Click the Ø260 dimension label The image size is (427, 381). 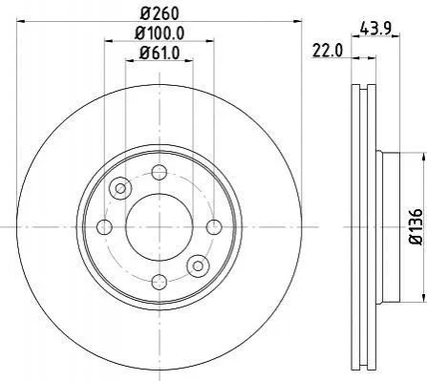[160, 13]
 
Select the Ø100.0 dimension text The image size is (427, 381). [160, 32]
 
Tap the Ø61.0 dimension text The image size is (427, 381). [160, 53]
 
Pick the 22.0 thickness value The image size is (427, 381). [328, 51]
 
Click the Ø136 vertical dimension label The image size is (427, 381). [416, 226]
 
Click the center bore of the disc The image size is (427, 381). [160, 227]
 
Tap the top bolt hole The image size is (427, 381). [160, 172]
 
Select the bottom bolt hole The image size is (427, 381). [160, 282]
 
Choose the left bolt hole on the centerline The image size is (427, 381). [104, 227]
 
